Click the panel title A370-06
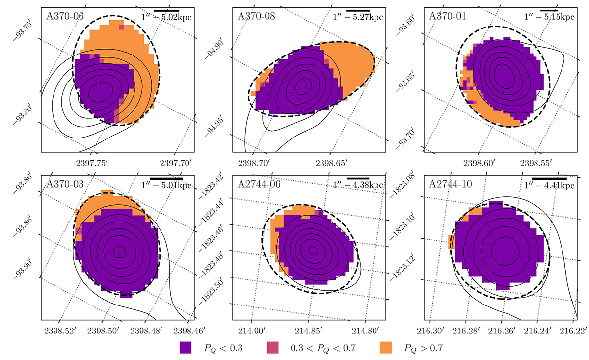click(x=65, y=15)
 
